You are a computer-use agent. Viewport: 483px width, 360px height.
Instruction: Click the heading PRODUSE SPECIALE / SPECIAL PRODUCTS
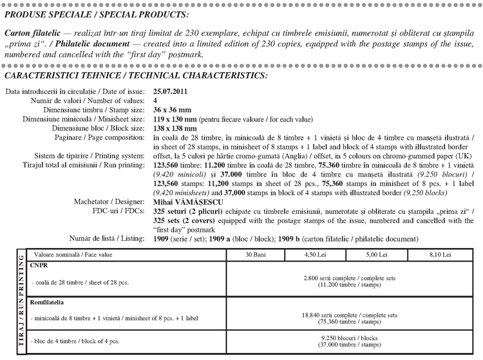[97, 14]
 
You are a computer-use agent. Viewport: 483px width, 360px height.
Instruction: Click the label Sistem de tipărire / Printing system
[90, 155]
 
